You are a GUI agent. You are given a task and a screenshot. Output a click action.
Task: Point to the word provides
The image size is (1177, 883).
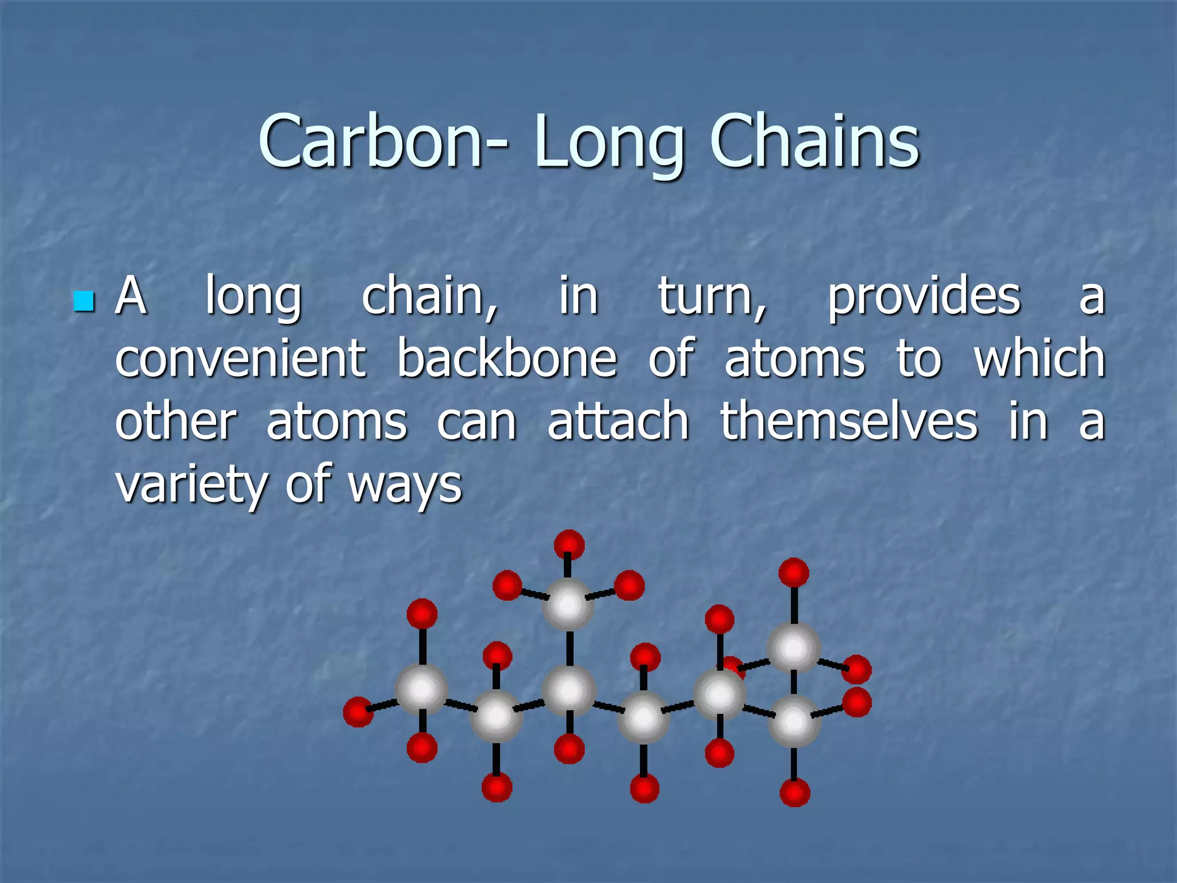click(924, 297)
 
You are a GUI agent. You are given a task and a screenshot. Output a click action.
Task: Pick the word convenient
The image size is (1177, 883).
click(240, 359)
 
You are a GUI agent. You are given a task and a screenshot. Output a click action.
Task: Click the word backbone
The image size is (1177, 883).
click(507, 359)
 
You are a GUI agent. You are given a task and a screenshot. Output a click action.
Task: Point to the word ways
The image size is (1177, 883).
click(405, 487)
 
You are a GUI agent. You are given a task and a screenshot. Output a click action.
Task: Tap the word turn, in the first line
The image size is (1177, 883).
click(712, 297)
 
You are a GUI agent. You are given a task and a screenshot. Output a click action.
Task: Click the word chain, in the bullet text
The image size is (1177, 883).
click(430, 297)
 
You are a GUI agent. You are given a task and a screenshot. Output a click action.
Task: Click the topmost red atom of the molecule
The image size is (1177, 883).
click(569, 544)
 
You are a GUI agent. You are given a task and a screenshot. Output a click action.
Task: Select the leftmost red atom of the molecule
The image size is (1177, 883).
click(357, 712)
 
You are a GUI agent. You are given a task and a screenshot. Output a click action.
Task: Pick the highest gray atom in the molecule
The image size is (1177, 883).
click(568, 604)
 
